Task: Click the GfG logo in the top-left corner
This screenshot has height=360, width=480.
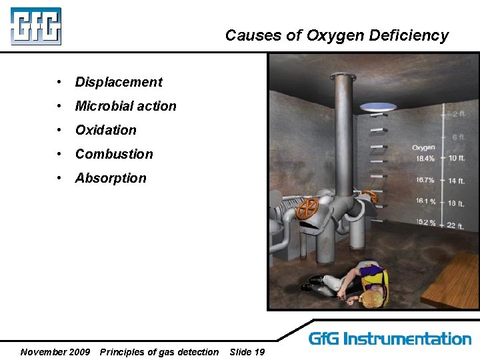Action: click(x=36, y=26)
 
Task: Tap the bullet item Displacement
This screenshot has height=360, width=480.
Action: click(x=119, y=82)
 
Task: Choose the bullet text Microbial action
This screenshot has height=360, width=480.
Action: click(x=125, y=106)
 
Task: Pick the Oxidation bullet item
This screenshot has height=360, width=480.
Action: click(x=105, y=130)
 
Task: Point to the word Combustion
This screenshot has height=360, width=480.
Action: click(x=114, y=154)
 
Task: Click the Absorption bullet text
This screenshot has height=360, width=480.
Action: click(x=111, y=178)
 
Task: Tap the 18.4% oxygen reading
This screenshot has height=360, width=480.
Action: click(x=425, y=158)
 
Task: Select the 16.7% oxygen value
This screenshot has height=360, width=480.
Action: click(x=425, y=180)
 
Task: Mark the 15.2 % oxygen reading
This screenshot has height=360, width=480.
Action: click(x=426, y=222)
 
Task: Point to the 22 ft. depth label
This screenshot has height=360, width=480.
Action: click(x=455, y=225)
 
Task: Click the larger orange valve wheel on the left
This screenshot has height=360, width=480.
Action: click(x=307, y=209)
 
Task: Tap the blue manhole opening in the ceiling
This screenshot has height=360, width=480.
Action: click(x=378, y=106)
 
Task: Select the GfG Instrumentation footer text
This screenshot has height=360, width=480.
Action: click(x=390, y=339)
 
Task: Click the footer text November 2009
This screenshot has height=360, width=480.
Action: click(x=55, y=352)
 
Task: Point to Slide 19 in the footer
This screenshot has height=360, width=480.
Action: click(x=247, y=352)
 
